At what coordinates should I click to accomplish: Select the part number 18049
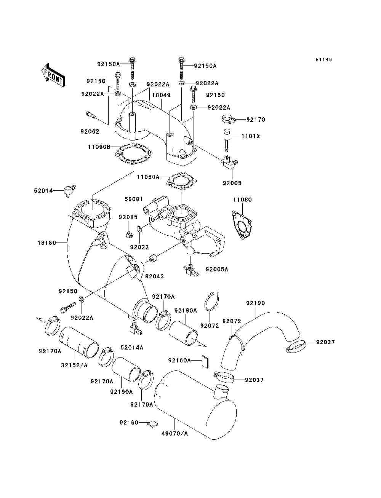coord(162,95)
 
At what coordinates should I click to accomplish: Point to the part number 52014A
coord(132,347)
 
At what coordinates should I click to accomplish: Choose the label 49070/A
coord(174,434)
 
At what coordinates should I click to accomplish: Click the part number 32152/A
coord(74,365)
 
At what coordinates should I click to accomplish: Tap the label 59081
coord(133,199)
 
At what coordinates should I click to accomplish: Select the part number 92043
coord(154,276)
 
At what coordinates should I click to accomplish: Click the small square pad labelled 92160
coord(153,423)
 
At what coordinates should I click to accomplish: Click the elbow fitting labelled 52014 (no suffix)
coord(69,189)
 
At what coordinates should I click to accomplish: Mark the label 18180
coord(47,243)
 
